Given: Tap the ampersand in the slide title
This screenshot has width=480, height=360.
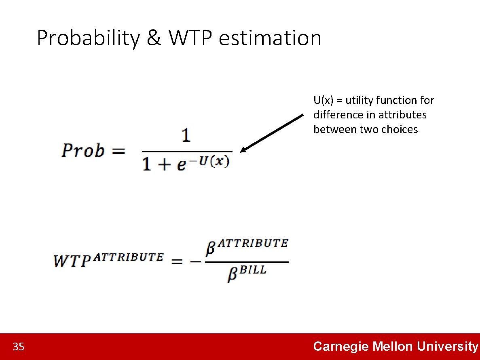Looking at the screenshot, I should pyautogui.click(x=153, y=38).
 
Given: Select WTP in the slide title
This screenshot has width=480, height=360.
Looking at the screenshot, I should pyautogui.click(x=191, y=38).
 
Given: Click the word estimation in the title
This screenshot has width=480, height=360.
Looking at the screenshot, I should pyautogui.click(x=271, y=38).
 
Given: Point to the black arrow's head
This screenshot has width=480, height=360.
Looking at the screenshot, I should pyautogui.click(x=243, y=150).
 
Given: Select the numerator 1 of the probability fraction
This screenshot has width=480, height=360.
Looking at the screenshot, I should pyautogui.click(x=186, y=136).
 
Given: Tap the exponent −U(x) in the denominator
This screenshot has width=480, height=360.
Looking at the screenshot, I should pyautogui.click(x=214, y=161).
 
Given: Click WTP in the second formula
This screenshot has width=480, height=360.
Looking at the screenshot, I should pyautogui.click(x=71, y=261).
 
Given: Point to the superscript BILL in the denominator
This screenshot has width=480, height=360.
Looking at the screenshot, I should pyautogui.click(x=253, y=270).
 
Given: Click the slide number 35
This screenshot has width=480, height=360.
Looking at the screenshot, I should pyautogui.click(x=19, y=347).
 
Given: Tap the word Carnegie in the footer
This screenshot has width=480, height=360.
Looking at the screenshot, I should pyautogui.click(x=341, y=346).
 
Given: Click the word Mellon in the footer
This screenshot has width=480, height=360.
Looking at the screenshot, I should pyautogui.click(x=393, y=346).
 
